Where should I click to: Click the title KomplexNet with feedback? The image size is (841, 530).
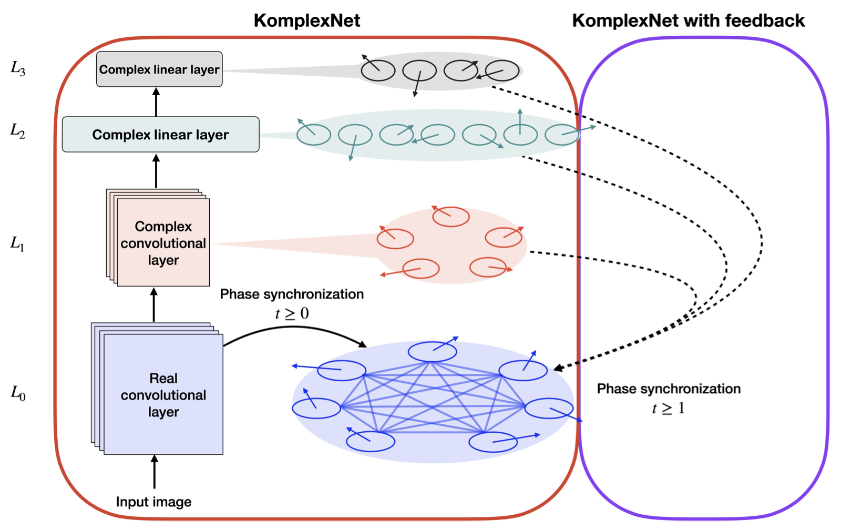(x=688, y=21)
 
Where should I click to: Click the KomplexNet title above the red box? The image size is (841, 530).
(x=306, y=21)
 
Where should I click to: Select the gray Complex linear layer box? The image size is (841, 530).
(x=159, y=69)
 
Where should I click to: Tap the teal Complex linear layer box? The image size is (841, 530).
(x=160, y=135)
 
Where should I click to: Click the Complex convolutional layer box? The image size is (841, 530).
(x=163, y=243)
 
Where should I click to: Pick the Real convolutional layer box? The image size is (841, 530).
(x=163, y=394)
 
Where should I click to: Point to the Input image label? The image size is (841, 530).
(x=153, y=502)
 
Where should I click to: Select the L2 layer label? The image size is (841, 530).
(x=18, y=131)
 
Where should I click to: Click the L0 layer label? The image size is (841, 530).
(x=18, y=393)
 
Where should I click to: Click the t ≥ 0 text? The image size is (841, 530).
(x=292, y=314)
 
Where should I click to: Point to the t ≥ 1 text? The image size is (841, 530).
(x=668, y=408)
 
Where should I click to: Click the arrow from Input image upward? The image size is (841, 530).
(x=154, y=472)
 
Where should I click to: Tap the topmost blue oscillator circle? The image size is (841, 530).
(x=432, y=352)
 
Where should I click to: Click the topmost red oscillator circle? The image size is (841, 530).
(x=450, y=217)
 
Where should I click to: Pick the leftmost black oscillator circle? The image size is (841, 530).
(x=378, y=70)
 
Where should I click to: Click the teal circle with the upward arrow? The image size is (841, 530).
(x=520, y=135)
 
